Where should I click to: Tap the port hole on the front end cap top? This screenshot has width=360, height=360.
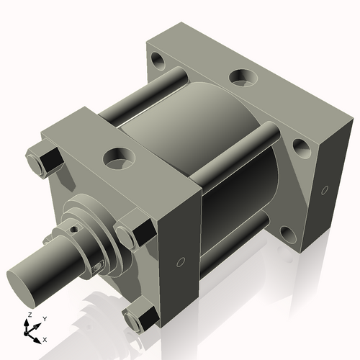click(x=115, y=155)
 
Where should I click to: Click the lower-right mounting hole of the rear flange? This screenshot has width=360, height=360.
click(x=288, y=233)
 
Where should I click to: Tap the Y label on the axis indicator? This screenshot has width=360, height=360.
click(x=44, y=318)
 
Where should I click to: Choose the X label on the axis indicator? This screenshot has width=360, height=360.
click(x=45, y=338)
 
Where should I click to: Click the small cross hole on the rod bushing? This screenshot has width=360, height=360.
click(x=73, y=231)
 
